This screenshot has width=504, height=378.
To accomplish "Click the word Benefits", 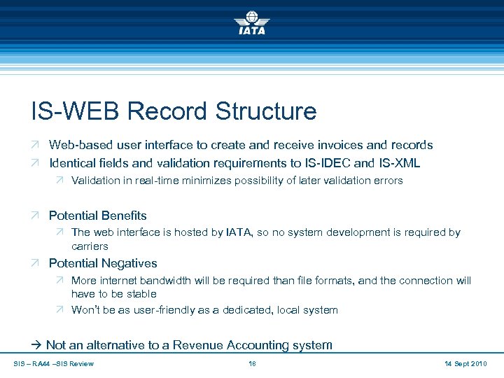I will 124,216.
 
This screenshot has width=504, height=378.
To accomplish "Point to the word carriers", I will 90,246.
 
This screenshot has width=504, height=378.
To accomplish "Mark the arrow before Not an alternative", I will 37,344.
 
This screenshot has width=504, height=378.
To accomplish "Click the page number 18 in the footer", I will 253,363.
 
